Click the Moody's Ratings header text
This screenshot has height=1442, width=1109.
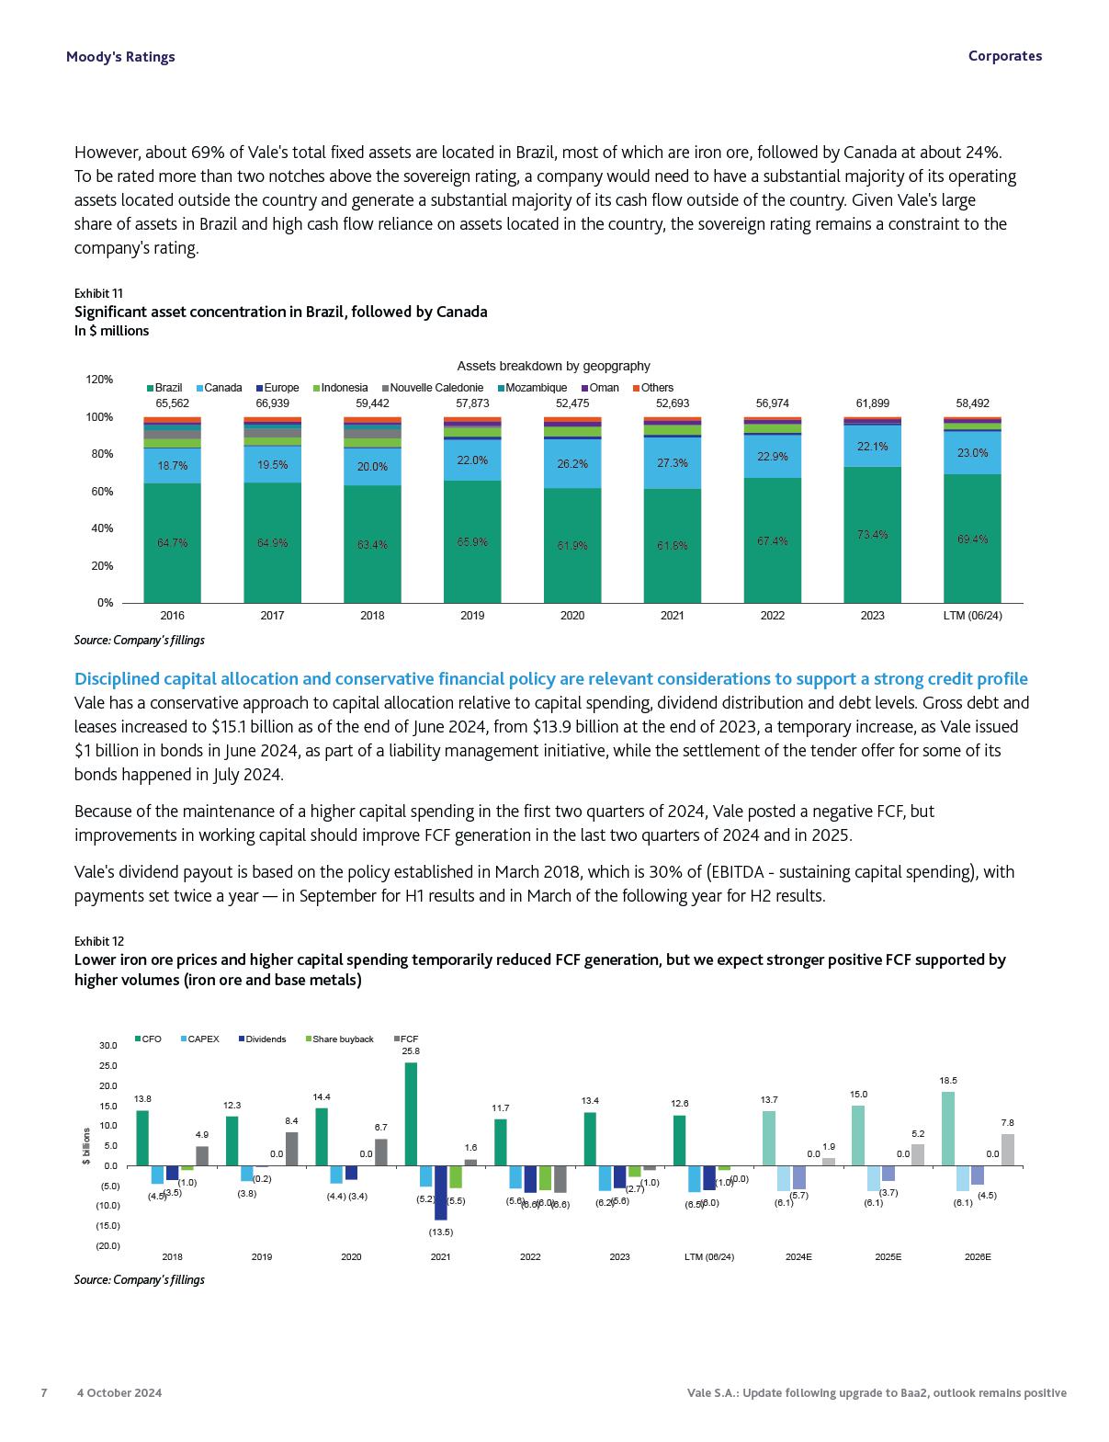click(x=119, y=57)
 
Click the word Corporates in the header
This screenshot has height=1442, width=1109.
click(x=1004, y=56)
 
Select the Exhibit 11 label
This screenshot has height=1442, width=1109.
click(x=98, y=293)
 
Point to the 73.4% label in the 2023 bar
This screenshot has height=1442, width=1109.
click(x=872, y=535)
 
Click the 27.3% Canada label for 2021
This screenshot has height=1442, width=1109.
click(x=673, y=463)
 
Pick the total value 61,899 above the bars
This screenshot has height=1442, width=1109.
click(x=872, y=403)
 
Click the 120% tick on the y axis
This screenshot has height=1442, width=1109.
click(x=99, y=380)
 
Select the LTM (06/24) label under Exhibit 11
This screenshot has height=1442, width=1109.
click(x=972, y=616)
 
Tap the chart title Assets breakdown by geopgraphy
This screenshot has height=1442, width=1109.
click(x=553, y=366)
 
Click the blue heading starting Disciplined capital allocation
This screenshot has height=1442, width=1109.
click(x=550, y=679)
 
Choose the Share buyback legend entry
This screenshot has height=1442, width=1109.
click(x=339, y=1039)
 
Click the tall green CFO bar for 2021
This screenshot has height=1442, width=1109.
click(x=411, y=1114)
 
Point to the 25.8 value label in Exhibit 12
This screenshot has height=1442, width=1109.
click(x=411, y=1050)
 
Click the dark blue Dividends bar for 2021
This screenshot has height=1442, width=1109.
click(x=441, y=1192)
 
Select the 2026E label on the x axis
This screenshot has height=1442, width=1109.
click(x=978, y=1256)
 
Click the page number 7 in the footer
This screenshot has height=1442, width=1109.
click(x=44, y=1392)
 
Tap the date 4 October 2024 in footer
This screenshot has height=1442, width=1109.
click(x=119, y=1392)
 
